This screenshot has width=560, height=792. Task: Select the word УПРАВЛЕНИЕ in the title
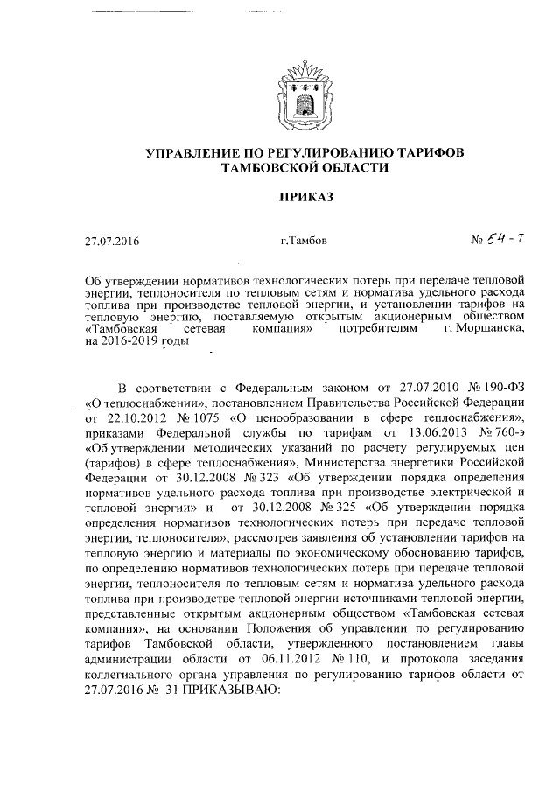coord(193,153)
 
